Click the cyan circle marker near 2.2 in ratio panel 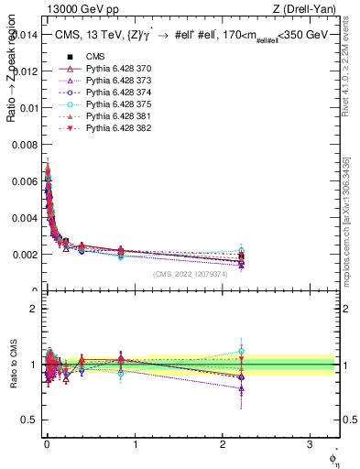point(241,351)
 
